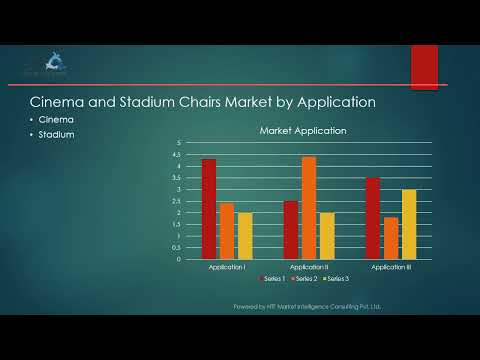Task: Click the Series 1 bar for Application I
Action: [x=209, y=209]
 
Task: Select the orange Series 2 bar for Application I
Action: [x=227, y=231]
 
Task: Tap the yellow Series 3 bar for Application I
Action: [x=245, y=236]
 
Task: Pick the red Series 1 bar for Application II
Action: [x=291, y=230]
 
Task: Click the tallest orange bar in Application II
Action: [x=309, y=208]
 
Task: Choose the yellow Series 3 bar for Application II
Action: [x=327, y=236]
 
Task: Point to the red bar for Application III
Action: [x=373, y=218]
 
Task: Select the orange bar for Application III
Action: [x=391, y=238]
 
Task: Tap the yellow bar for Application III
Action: [x=409, y=224]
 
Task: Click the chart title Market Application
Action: [x=303, y=131]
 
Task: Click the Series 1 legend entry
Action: [x=273, y=279]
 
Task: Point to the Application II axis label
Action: [x=309, y=267]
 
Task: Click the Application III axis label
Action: [x=391, y=267]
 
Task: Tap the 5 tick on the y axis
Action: [x=178, y=143]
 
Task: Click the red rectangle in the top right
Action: [x=424, y=68]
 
